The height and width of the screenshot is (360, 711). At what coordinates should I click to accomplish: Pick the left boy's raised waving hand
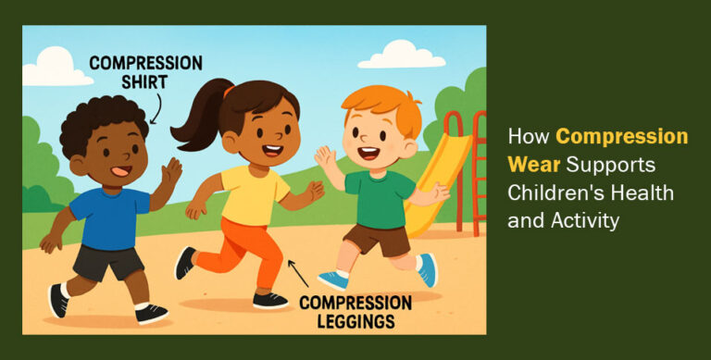[x=170, y=172]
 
